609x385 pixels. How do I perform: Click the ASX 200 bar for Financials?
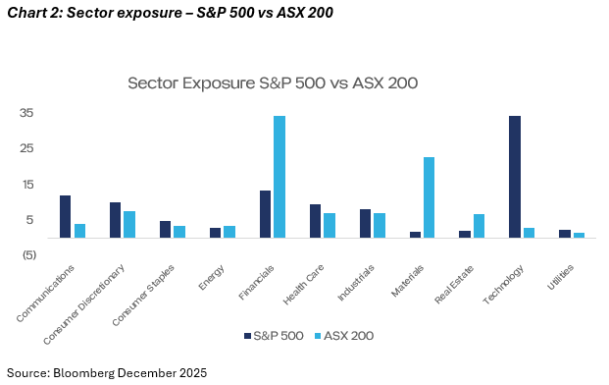[x=279, y=177]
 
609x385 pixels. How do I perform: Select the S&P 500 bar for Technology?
[x=515, y=177]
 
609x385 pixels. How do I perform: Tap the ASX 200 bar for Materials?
[x=429, y=197]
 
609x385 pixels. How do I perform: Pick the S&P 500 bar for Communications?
[x=66, y=217]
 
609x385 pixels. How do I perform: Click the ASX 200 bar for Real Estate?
[x=479, y=226]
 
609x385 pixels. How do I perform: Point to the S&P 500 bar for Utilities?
[x=565, y=234]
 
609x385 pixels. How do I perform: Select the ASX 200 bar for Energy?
[x=229, y=232]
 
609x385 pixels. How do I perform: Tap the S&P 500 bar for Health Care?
[x=315, y=221]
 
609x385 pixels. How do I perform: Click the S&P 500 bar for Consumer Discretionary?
[x=115, y=220]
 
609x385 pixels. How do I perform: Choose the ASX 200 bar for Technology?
[x=529, y=233]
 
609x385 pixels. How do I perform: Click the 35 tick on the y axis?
[x=26, y=113]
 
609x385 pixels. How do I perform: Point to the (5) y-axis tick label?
[x=29, y=255]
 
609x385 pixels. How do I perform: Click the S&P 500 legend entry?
[x=274, y=336]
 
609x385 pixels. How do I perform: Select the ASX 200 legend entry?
[x=344, y=336]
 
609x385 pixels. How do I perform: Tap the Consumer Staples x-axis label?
[x=143, y=296]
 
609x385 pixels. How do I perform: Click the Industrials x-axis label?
[x=356, y=283]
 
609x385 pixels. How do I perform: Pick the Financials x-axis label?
[x=256, y=282]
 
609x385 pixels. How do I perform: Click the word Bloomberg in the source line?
[x=84, y=373]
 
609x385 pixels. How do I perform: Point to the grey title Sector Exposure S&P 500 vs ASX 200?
[x=273, y=83]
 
